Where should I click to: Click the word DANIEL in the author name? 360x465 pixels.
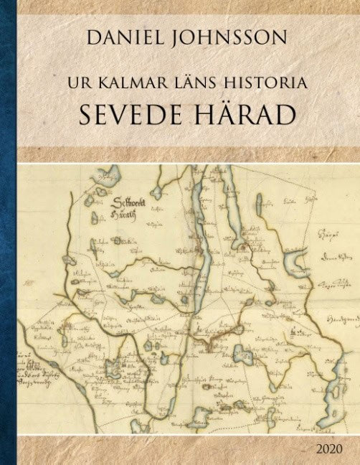[123, 38]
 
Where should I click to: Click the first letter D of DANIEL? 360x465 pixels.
[93, 38]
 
